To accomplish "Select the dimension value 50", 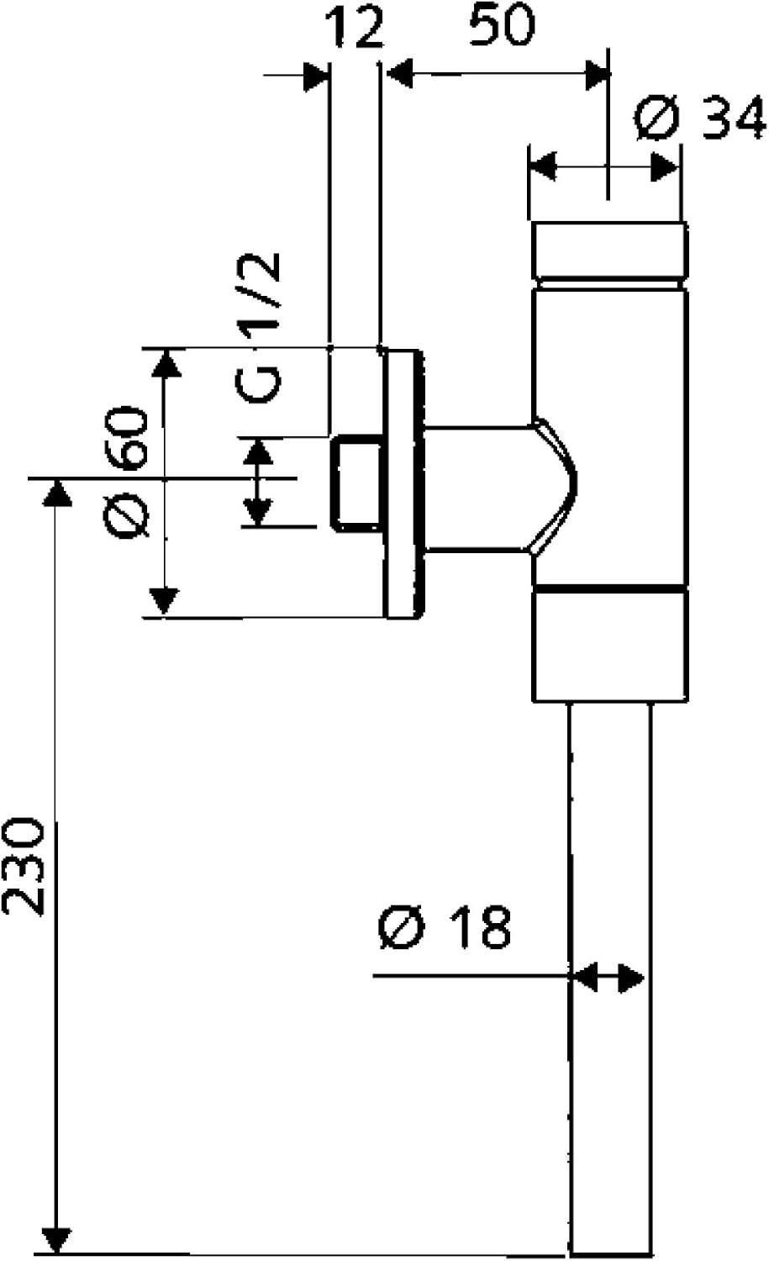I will [501, 26].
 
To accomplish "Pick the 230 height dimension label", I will [23, 863].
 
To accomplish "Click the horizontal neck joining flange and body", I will [475, 488].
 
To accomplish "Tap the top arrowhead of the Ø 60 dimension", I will [165, 362].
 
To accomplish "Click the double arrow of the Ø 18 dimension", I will [608, 977].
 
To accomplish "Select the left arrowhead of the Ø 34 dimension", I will [543, 166].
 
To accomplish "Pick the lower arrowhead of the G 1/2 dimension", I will [257, 510].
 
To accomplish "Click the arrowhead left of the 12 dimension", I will [314, 75].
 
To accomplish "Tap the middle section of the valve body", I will [608, 437].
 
